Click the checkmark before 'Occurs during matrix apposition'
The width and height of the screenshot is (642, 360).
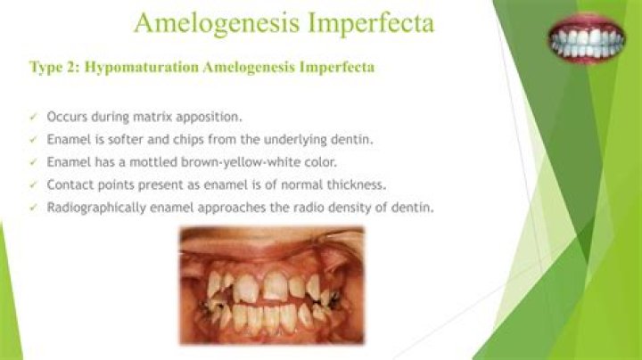pos(33,117)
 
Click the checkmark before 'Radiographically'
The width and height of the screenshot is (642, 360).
pos(33,207)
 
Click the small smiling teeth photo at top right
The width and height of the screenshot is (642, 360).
pos(586,39)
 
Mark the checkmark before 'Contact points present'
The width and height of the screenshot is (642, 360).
pos(33,184)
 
